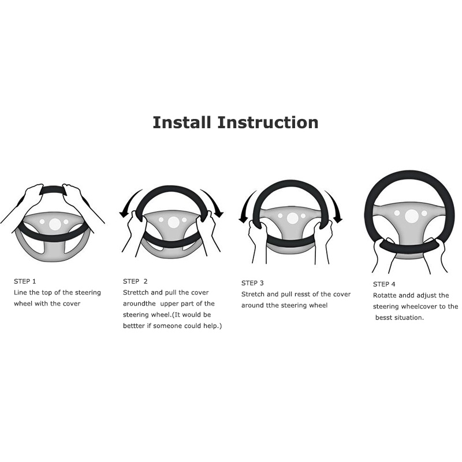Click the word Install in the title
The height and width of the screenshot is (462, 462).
click(x=182, y=122)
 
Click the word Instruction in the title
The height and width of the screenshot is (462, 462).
click(x=268, y=122)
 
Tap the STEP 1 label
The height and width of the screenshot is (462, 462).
click(x=25, y=281)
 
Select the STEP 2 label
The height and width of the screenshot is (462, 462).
click(x=135, y=281)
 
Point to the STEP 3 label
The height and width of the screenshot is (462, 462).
click(x=252, y=283)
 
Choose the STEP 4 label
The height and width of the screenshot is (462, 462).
click(x=384, y=284)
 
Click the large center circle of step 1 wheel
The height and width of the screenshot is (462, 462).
click(x=55, y=224)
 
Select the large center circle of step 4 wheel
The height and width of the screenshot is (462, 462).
click(x=412, y=216)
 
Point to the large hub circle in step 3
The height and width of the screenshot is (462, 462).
click(x=292, y=218)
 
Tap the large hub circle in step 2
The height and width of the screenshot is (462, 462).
click(x=174, y=222)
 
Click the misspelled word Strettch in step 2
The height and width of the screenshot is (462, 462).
click(x=136, y=293)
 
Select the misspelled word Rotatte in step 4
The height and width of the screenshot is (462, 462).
click(x=385, y=296)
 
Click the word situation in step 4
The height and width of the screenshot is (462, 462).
click(x=409, y=318)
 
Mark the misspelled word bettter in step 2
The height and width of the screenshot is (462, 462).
click(x=134, y=326)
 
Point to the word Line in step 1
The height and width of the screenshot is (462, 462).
click(x=20, y=293)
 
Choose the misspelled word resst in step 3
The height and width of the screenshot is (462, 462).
click(x=302, y=295)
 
